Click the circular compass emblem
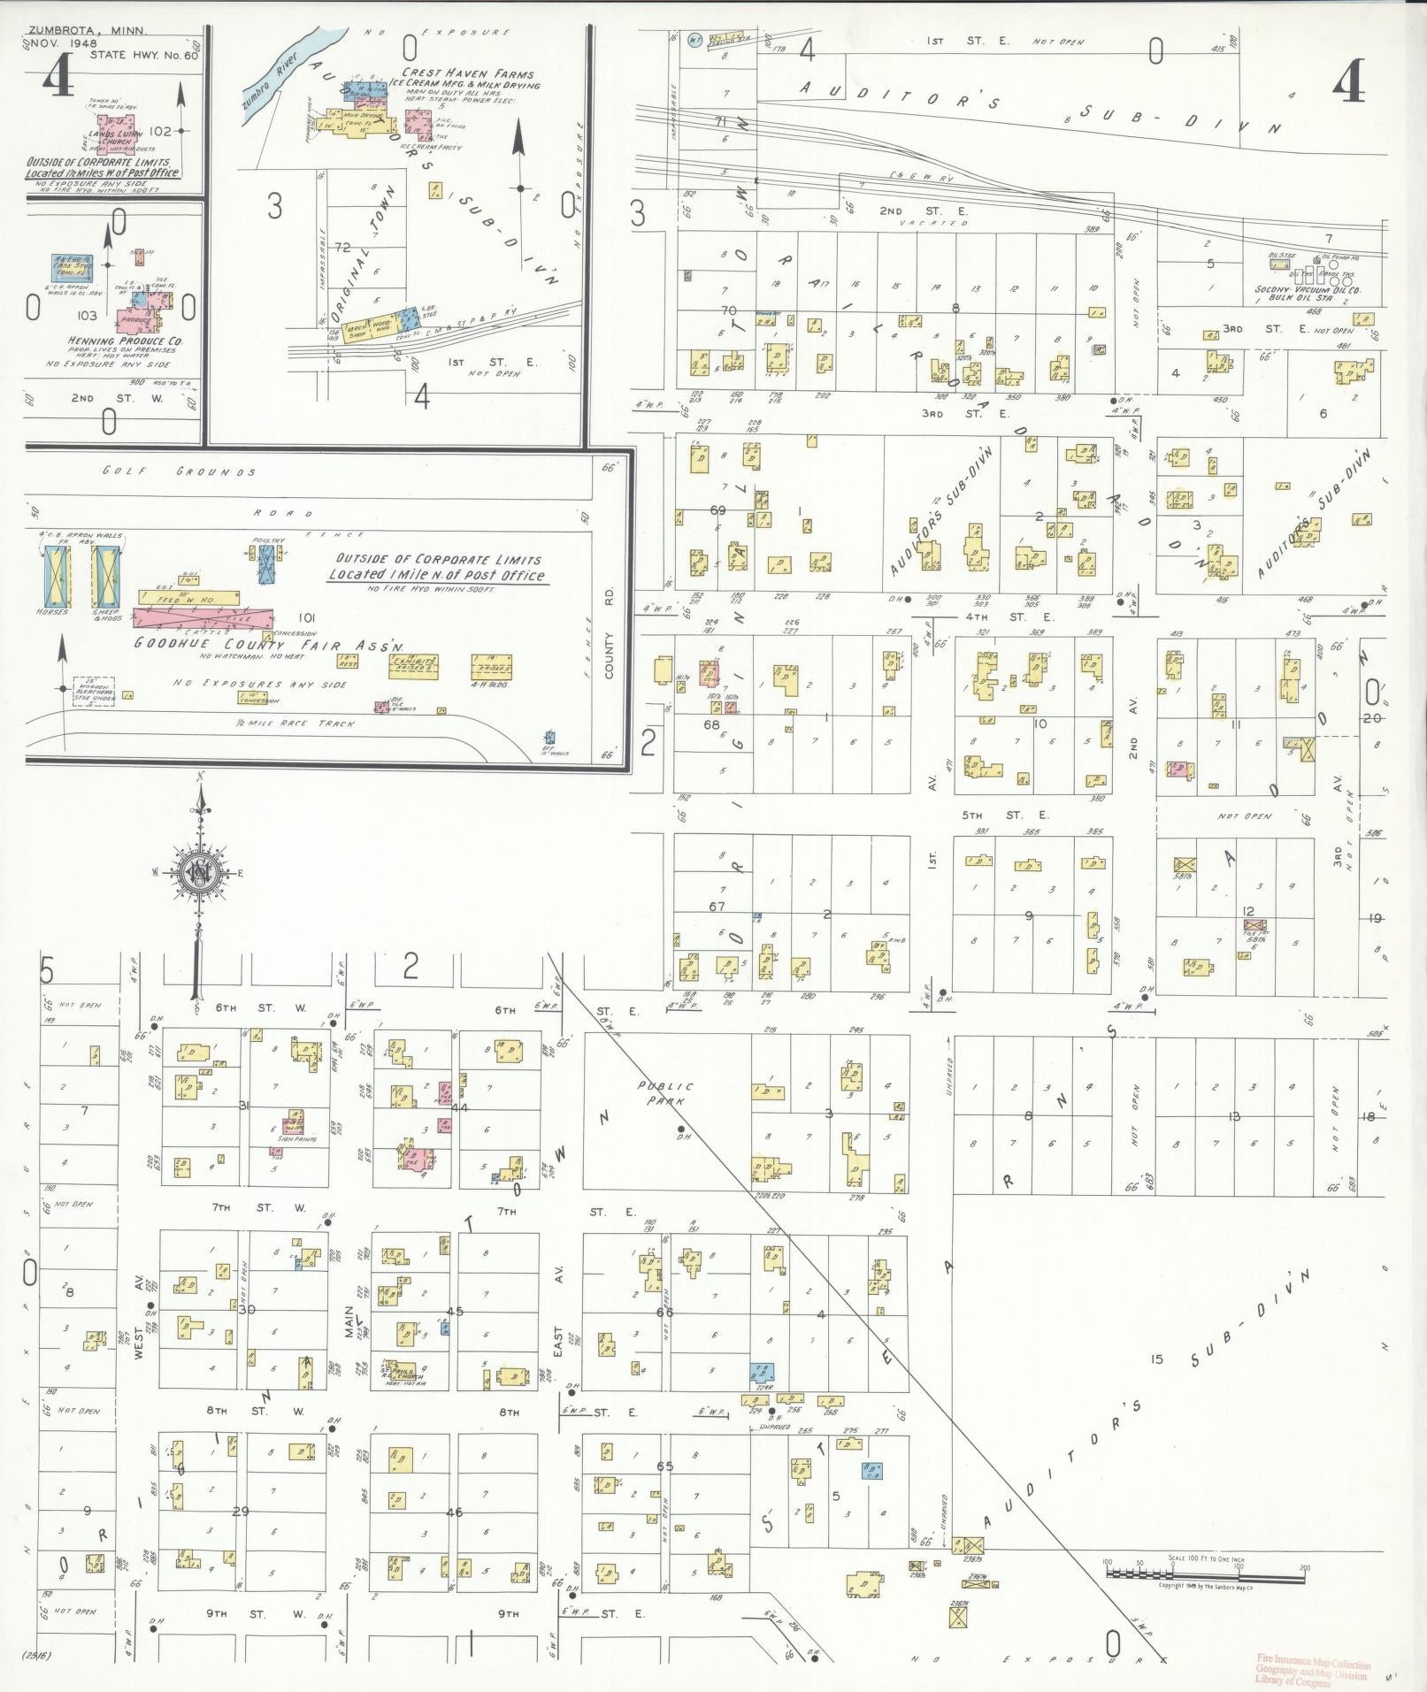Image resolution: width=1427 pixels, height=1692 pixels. (198, 873)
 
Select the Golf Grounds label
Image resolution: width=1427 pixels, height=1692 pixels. (179, 472)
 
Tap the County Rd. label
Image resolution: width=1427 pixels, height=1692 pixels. (609, 655)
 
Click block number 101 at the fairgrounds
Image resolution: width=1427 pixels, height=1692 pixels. (307, 617)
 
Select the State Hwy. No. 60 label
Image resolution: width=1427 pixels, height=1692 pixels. (146, 55)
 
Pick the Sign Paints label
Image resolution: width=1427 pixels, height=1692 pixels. (298, 1139)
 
